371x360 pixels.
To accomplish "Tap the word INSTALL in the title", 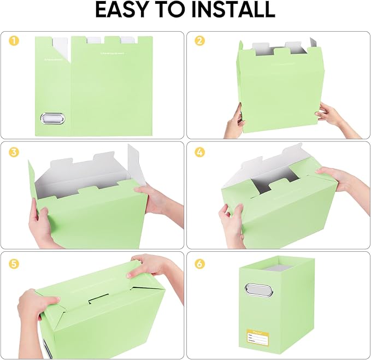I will coord(233,10).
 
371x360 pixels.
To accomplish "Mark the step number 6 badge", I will coord(199,264).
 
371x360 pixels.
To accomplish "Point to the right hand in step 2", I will coord(331,115).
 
